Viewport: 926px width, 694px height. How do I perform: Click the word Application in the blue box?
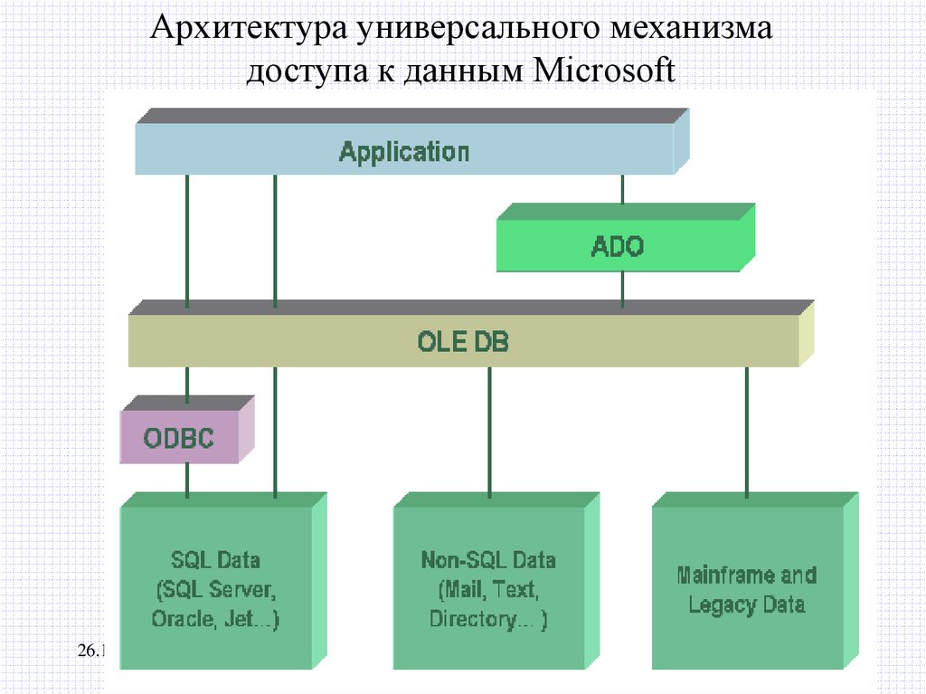(x=403, y=151)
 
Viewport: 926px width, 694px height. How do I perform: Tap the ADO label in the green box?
(x=618, y=246)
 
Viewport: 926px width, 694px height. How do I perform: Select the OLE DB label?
(x=463, y=342)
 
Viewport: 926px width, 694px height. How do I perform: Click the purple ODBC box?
(x=179, y=439)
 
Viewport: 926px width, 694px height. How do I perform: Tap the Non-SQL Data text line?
(x=488, y=560)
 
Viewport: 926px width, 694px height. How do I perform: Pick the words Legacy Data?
(x=746, y=604)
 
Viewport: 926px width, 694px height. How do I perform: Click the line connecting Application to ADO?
(x=622, y=189)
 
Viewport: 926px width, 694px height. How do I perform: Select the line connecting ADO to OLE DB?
(x=622, y=288)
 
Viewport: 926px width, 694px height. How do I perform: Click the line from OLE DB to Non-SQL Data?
(x=489, y=431)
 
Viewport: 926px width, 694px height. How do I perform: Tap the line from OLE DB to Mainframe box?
(x=747, y=431)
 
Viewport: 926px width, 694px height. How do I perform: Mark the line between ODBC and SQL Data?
(x=187, y=480)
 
